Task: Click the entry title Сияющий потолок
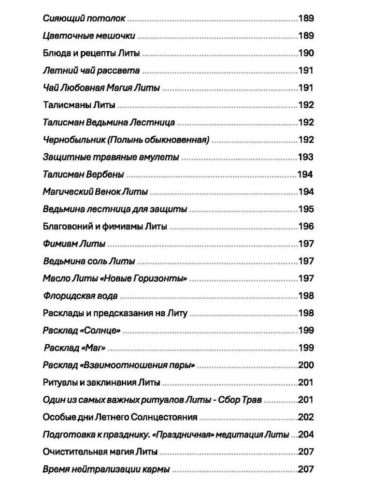point(84,18)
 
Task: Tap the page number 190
point(306,53)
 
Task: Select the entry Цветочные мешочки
point(89,36)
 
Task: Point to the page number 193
point(306,157)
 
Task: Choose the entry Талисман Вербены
point(83,175)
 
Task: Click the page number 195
point(306,209)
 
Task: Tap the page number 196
point(306,226)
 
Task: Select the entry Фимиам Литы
point(74,244)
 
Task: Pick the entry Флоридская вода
point(80,296)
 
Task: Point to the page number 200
point(306,365)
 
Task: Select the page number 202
point(306,417)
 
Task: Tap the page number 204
point(306,435)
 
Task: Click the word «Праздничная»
point(192,435)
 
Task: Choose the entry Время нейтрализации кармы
point(106,469)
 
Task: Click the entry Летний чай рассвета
point(91,71)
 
